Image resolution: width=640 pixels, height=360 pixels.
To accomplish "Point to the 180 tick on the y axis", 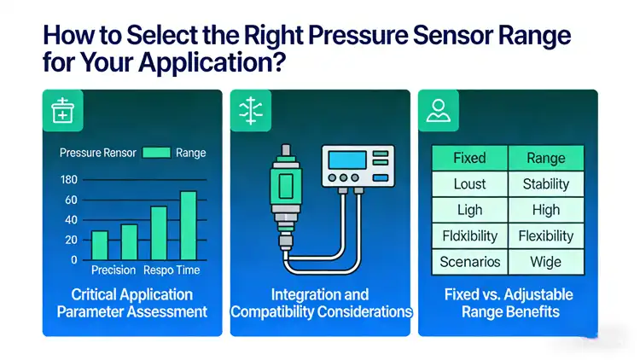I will tap(69, 180).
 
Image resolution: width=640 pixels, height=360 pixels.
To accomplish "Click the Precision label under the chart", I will tap(113, 270).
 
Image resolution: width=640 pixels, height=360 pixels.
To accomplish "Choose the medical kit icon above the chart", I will tap(64, 111).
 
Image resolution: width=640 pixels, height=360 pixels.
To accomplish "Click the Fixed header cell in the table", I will tap(469, 158).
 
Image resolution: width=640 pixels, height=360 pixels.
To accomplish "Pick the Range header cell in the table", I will tap(546, 158).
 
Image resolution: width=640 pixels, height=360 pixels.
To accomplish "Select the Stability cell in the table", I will tap(546, 183).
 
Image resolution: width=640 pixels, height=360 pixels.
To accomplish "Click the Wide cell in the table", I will tap(546, 261).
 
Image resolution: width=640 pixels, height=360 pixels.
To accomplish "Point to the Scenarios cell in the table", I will tap(469, 261).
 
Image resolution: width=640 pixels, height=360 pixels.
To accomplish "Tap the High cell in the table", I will tap(546, 210).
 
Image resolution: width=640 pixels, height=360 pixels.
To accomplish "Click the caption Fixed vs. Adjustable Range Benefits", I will tap(508, 303).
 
